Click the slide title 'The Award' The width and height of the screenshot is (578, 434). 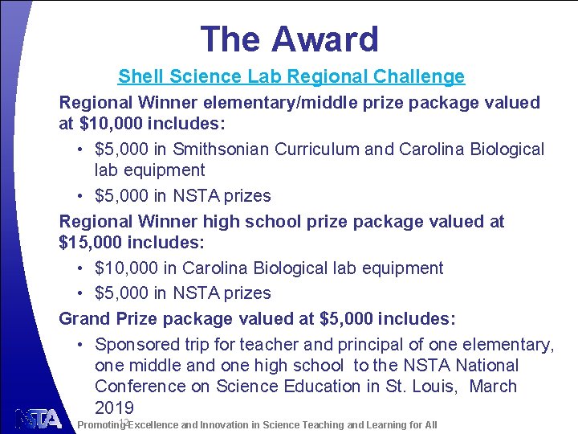(x=289, y=39)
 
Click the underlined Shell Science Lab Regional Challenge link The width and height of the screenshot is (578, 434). (x=291, y=77)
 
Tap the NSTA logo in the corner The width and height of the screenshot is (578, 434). (x=38, y=419)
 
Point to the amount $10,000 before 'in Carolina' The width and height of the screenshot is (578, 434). (x=132, y=268)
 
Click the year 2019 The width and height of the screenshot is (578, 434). (x=114, y=407)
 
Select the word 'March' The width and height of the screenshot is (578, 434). (x=493, y=387)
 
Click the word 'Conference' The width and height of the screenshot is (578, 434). (x=140, y=387)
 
